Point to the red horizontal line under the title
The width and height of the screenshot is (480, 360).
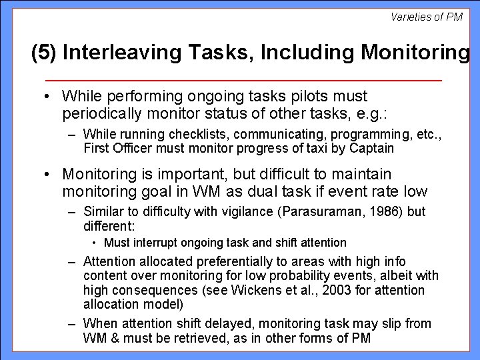240,80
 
